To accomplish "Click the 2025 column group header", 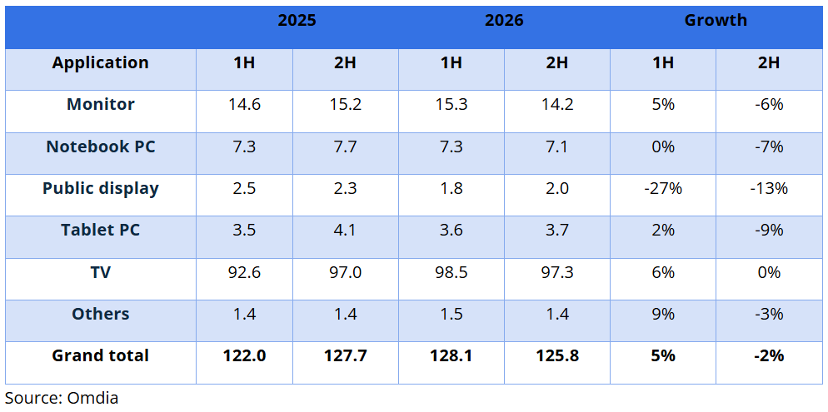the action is tap(297, 20).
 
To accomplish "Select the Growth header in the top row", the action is tap(716, 20).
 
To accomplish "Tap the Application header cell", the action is tap(100, 62).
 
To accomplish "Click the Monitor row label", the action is tap(100, 104).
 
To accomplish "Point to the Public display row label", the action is tap(100, 188).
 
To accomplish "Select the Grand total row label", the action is tap(100, 355).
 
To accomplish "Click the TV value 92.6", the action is tap(245, 272).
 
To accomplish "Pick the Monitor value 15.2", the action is tap(346, 104).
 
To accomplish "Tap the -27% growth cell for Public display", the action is tap(663, 188).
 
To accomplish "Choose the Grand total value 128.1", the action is tap(451, 355).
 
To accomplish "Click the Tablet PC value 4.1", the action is tap(346, 231).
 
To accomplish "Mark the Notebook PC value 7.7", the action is tap(346, 146).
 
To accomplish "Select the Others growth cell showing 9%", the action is tap(663, 314).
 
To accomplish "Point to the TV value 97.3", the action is tap(557, 272).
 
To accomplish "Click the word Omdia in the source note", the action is tap(92, 398).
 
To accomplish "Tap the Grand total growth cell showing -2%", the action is tap(769, 355).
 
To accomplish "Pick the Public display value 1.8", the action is tap(451, 188).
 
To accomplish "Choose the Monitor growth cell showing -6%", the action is tap(769, 104).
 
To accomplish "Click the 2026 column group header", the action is tap(504, 20).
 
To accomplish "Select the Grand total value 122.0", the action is tap(245, 355).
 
